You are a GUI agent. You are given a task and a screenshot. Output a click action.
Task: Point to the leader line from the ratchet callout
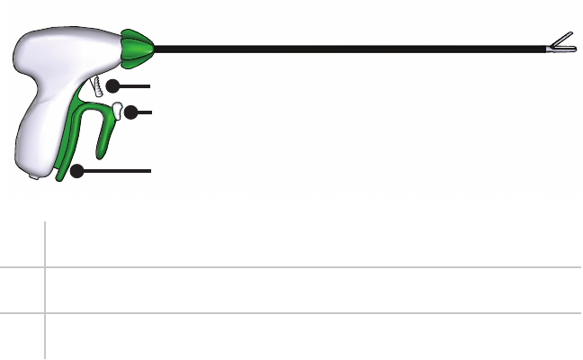coord(135,85)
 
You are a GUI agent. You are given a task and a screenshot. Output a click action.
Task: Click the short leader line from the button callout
coord(146,113)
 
